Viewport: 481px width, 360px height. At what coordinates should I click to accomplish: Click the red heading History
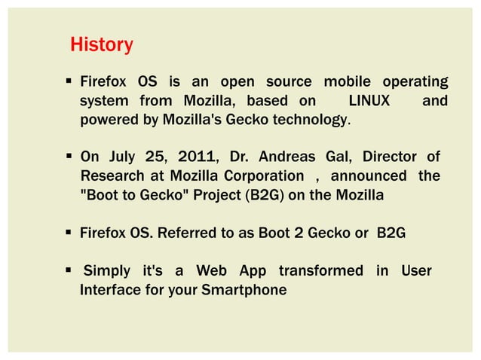(x=101, y=45)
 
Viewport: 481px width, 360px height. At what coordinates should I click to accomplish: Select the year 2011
(x=198, y=157)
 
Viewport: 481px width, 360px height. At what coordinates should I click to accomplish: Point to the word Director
(x=389, y=157)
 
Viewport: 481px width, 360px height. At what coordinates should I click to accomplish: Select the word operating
(x=415, y=81)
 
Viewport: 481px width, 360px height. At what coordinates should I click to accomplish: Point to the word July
(x=121, y=157)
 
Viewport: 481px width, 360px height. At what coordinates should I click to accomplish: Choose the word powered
(x=109, y=120)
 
